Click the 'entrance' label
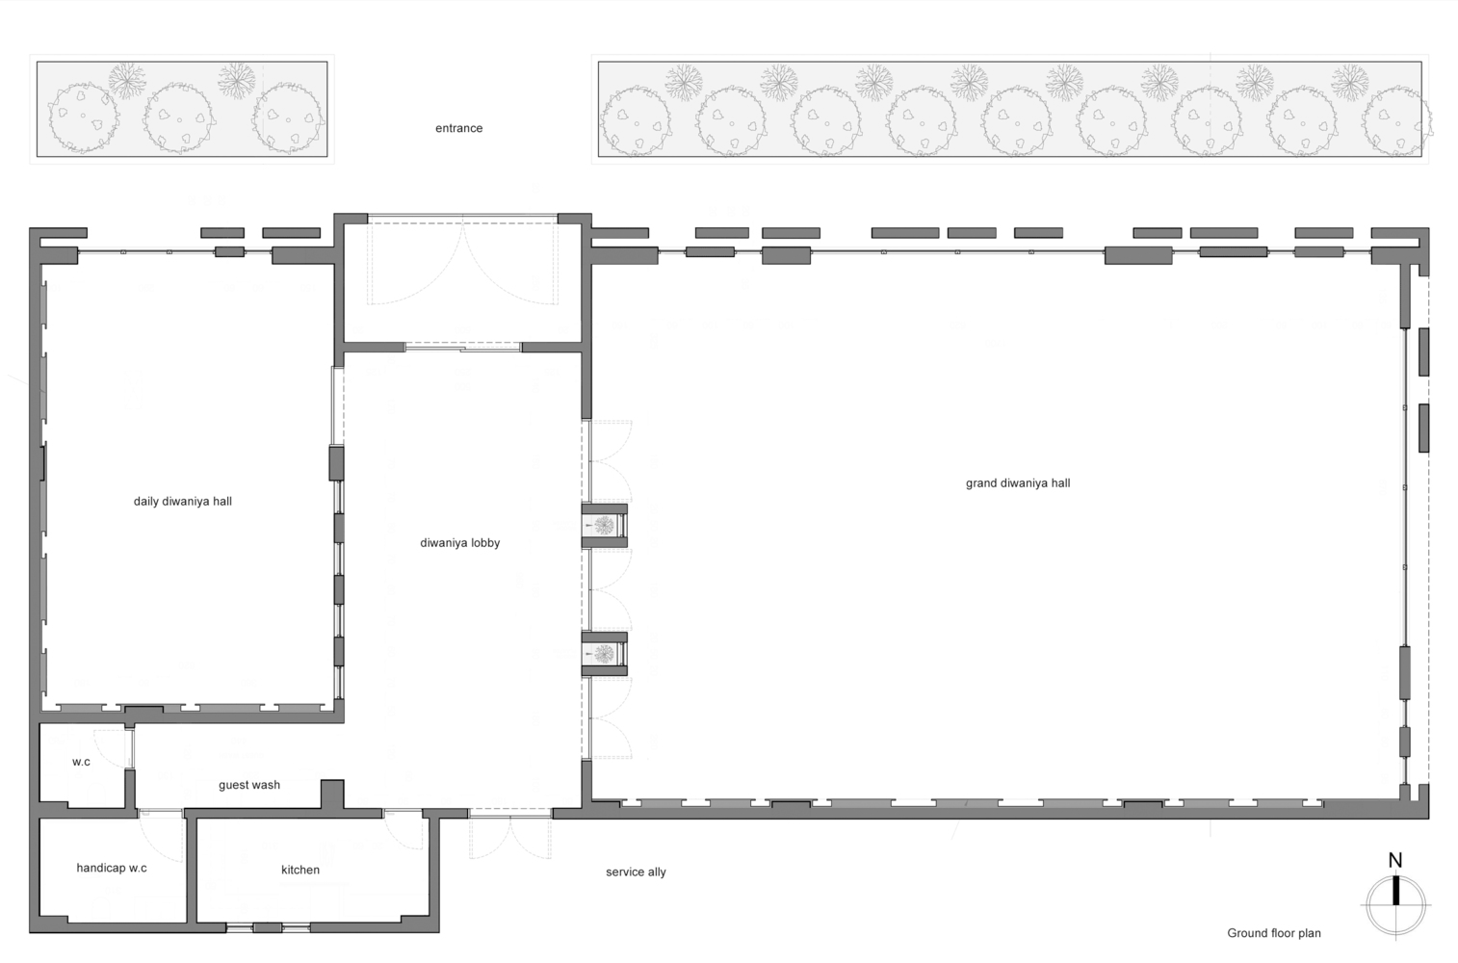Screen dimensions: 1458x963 tap(459, 128)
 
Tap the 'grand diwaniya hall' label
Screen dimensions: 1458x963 tap(1017, 483)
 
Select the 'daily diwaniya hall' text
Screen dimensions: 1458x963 tap(183, 502)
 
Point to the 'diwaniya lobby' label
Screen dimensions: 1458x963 tap(459, 543)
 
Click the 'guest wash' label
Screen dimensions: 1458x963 tap(249, 786)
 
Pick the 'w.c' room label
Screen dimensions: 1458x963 tap(81, 762)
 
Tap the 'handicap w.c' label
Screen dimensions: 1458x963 tap(112, 868)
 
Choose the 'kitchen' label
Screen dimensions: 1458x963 tap(300, 870)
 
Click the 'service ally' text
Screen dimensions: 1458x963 tap(636, 872)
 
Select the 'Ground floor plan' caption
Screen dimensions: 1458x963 tap(1274, 933)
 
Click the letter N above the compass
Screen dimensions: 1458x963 tap(1394, 861)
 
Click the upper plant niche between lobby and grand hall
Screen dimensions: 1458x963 tap(605, 525)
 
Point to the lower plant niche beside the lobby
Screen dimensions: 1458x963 tap(605, 653)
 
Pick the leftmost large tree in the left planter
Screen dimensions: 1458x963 tap(84, 117)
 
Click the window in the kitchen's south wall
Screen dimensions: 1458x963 tap(268, 927)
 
